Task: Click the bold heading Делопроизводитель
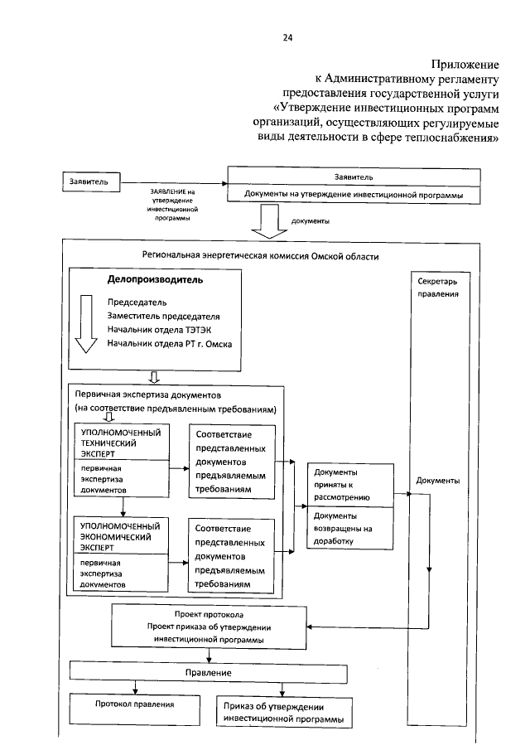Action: point(155,280)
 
